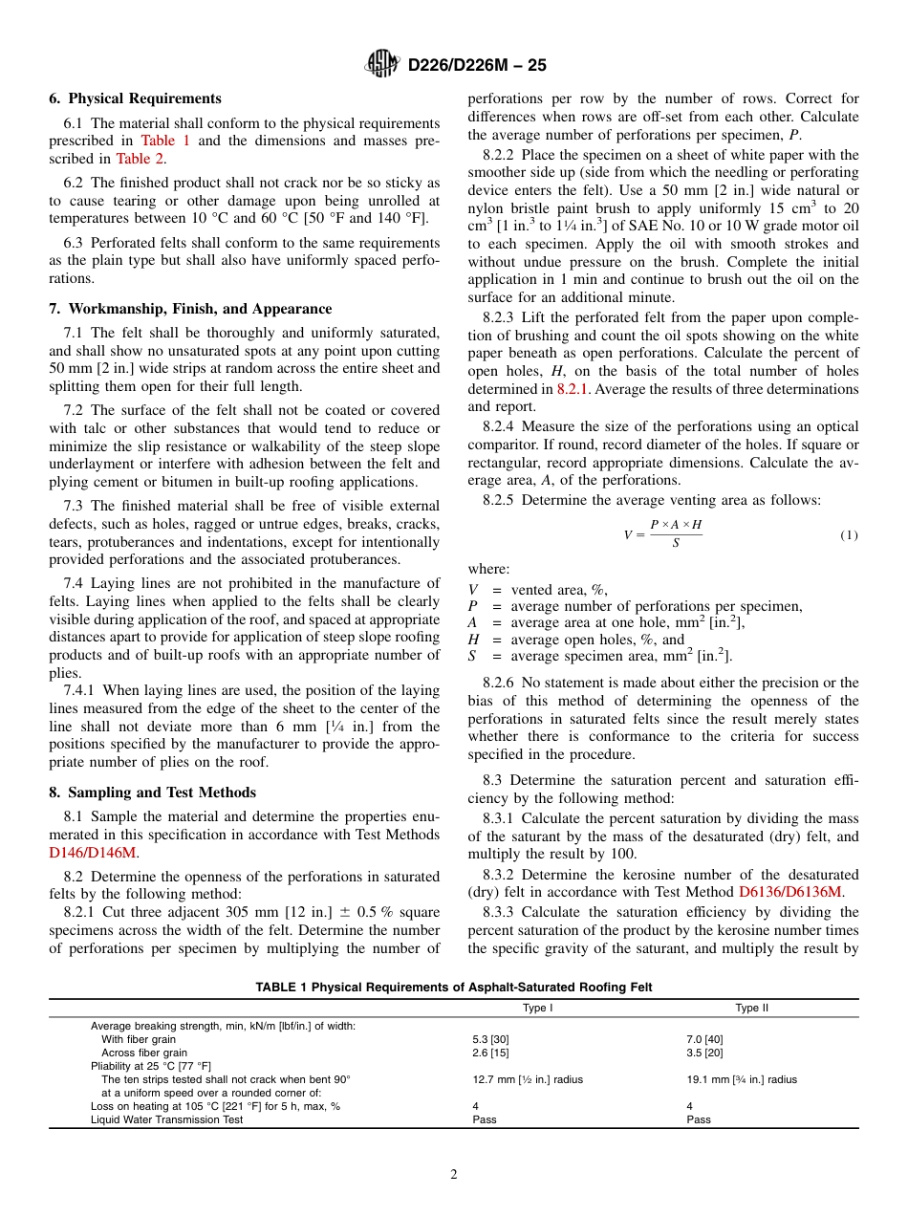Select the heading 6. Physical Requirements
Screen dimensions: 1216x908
coord(135,98)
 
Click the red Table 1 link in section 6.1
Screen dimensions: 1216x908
coord(165,141)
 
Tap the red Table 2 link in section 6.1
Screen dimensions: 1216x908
coord(140,159)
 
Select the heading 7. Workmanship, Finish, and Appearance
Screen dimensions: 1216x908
coord(190,309)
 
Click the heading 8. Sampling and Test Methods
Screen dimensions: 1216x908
coord(152,793)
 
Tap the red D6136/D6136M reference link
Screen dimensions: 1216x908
coord(789,892)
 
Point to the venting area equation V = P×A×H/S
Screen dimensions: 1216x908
coord(662,534)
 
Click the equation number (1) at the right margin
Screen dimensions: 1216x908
coord(849,535)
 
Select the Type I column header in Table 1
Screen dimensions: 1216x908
coord(537,1008)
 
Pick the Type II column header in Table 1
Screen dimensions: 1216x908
coord(751,1008)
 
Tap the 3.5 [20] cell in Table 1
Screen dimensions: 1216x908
coord(704,1053)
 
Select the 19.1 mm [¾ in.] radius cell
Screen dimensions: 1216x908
coord(742,1079)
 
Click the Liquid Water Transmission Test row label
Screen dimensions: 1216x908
coord(166,1119)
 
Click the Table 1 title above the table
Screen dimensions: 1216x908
coord(453,988)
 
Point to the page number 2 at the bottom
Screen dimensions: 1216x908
coord(454,1175)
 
